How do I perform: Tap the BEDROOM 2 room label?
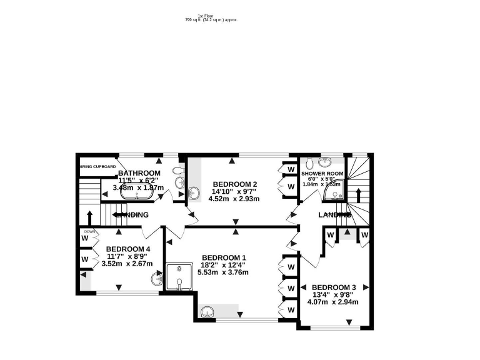235,184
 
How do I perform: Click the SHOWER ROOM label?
322,173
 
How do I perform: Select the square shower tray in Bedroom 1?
179,277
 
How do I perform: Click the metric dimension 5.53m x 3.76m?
222,272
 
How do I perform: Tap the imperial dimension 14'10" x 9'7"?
235,192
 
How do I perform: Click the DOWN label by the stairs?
90,231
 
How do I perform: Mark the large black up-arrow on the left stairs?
89,217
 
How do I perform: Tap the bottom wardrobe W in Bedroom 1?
290,309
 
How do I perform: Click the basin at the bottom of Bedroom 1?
208,311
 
